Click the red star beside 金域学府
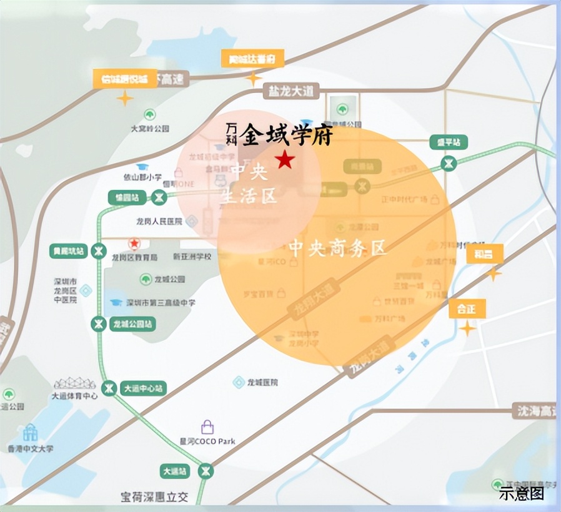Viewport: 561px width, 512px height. click(x=285, y=160)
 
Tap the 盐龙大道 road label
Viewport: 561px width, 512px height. click(x=290, y=91)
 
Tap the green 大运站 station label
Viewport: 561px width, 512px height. click(x=176, y=471)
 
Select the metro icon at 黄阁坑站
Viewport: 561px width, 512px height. click(x=97, y=251)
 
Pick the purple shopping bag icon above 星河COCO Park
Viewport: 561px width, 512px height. click(x=207, y=427)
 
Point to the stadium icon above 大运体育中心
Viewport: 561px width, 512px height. click(x=75, y=383)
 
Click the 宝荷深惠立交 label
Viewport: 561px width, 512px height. click(x=154, y=498)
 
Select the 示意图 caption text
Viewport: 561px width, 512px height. click(x=521, y=493)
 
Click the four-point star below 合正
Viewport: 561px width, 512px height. click(x=467, y=328)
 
